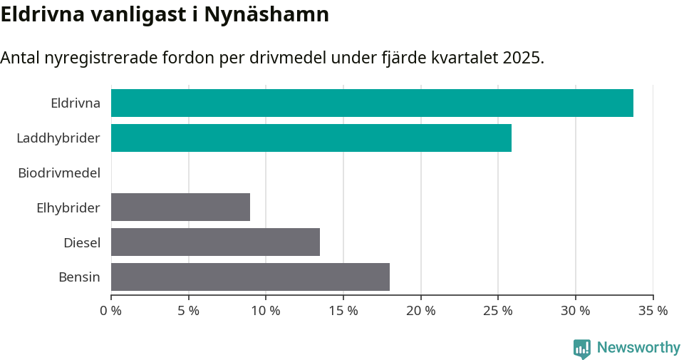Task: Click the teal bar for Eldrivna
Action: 372,103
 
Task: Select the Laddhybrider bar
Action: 311,138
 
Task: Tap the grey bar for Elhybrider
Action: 180,207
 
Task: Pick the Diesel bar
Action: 215,242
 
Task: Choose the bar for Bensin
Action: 250,277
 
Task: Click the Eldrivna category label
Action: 76,103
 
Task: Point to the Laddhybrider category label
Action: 58,138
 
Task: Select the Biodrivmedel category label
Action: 59,173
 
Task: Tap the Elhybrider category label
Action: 68,207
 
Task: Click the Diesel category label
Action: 82,242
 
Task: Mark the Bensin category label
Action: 79,277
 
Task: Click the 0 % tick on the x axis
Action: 111,311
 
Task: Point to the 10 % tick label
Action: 266,311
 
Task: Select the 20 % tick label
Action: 420,311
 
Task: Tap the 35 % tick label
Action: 653,311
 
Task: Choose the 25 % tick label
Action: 498,311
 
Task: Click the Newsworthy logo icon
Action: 582,348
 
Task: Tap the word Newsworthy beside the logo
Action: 638,348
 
